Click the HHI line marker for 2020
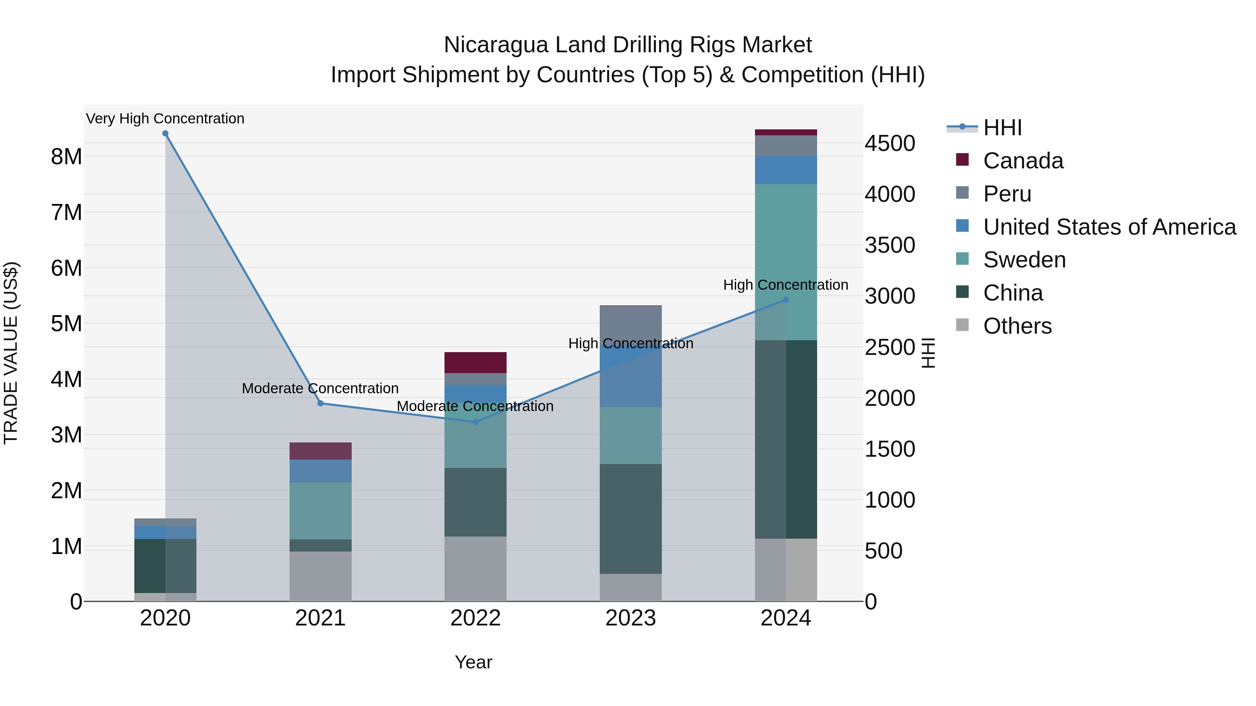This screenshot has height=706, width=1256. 165,134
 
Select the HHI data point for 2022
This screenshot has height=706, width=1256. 476,422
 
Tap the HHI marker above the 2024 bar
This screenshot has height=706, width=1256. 785,300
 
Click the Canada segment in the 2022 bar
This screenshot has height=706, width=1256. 476,363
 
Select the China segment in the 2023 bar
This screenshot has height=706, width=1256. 630,518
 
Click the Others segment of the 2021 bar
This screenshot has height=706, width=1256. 320,576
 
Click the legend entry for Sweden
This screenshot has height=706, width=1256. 1024,260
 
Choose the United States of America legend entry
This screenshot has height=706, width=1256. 1109,227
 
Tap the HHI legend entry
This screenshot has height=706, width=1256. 1002,128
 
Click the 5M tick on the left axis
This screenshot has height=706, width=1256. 66,324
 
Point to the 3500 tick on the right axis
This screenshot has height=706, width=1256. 889,245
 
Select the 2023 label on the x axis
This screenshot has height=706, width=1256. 630,618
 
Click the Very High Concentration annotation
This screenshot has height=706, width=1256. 165,119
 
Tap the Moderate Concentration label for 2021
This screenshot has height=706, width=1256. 320,388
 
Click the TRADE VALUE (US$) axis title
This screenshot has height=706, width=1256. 11,353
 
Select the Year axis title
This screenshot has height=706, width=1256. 473,662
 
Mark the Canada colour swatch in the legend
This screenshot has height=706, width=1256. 962,159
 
